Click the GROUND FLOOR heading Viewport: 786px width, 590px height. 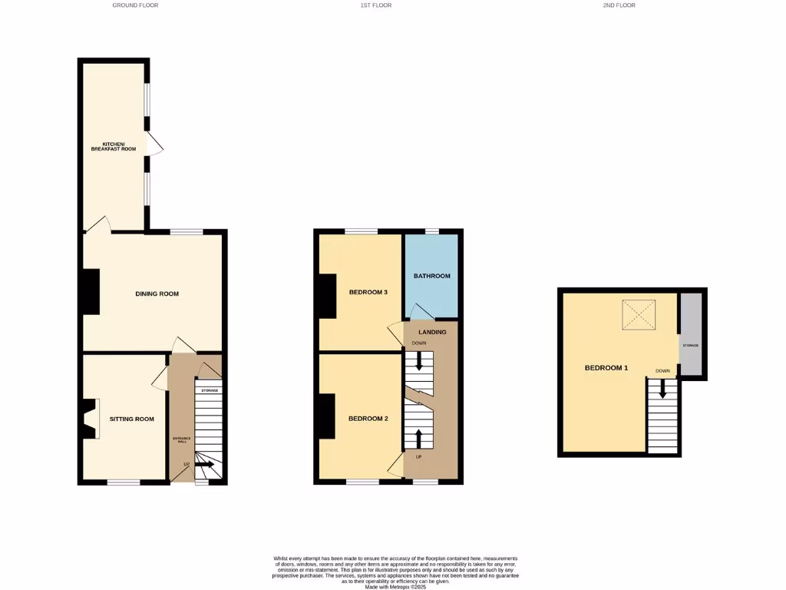(x=135, y=5)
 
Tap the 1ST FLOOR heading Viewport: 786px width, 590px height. (x=376, y=5)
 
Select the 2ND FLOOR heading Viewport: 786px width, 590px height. (x=619, y=5)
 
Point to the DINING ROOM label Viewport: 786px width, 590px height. (x=157, y=293)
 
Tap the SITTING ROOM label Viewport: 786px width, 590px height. (x=131, y=419)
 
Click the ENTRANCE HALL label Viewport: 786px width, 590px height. (x=182, y=439)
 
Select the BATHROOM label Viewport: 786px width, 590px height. (x=431, y=276)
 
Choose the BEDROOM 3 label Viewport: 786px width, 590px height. (x=368, y=292)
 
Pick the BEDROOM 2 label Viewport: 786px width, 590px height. (x=368, y=419)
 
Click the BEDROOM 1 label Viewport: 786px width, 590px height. (x=606, y=368)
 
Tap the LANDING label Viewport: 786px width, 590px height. (x=432, y=332)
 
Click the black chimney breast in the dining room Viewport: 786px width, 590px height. (x=91, y=291)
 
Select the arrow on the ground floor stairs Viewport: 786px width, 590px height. (x=204, y=464)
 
